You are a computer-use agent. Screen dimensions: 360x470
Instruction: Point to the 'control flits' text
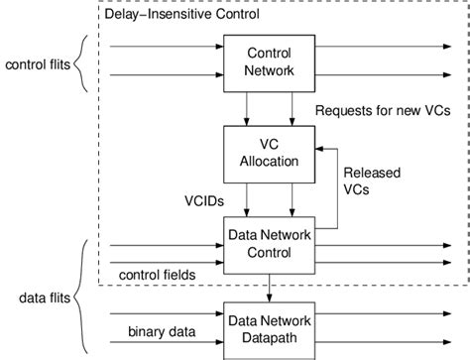pos(36,66)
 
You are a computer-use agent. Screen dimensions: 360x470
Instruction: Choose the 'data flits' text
pos(43,295)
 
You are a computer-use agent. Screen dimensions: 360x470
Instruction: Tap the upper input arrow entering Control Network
pos(164,46)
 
